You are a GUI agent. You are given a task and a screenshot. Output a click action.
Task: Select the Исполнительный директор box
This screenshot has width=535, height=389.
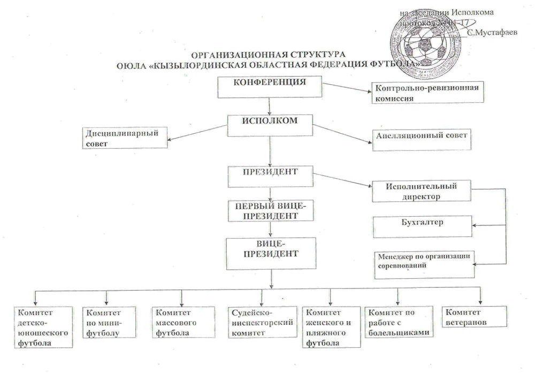[421, 192]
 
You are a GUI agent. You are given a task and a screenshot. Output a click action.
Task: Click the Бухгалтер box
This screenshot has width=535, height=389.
[423, 225]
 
